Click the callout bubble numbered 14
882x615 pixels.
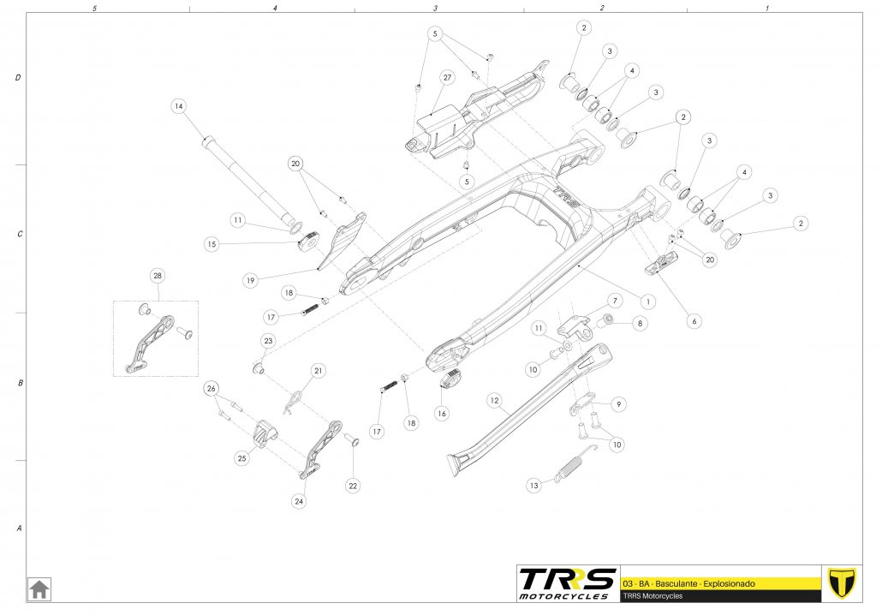(x=178, y=106)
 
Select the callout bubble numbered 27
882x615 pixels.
(x=447, y=77)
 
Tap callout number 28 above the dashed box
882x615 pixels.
(x=158, y=276)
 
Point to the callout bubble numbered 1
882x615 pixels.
(x=648, y=302)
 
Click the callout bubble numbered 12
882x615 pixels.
(x=494, y=399)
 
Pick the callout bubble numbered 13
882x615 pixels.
(x=533, y=486)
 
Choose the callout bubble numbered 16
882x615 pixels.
(x=442, y=413)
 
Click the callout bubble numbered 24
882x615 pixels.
(x=299, y=502)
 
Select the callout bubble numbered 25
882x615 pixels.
(x=241, y=458)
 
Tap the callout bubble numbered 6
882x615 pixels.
(x=694, y=321)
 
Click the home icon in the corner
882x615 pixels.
(x=40, y=588)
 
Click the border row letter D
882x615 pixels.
(x=18, y=78)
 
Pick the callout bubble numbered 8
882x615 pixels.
(x=640, y=324)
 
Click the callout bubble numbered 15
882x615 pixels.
(x=212, y=244)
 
